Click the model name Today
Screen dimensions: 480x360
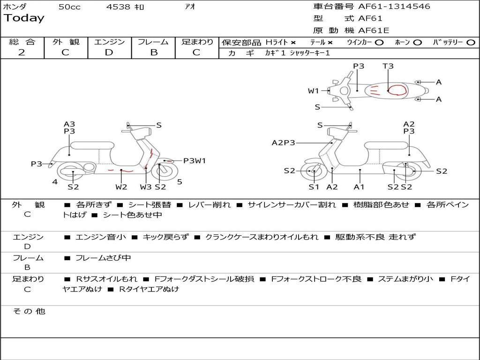click(24, 18)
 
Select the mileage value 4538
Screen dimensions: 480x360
click(118, 7)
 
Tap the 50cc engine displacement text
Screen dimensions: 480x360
click(69, 7)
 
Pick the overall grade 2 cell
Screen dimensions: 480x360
click(22, 52)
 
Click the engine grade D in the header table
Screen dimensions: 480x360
click(109, 52)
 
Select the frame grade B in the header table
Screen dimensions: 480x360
click(153, 52)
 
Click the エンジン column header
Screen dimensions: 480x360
click(109, 42)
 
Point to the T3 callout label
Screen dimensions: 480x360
click(388, 66)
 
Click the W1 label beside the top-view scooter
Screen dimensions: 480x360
click(313, 91)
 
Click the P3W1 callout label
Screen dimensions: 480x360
click(195, 161)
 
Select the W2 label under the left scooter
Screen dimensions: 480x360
click(121, 187)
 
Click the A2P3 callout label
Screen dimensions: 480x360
click(283, 142)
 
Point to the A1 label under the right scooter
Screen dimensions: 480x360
click(359, 187)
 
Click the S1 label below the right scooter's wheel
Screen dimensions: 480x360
click(314, 187)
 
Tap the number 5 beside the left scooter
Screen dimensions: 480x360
click(180, 182)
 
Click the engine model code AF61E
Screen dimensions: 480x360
click(374, 31)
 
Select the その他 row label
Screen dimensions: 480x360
click(29, 311)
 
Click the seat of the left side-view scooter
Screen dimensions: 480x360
click(91, 145)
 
